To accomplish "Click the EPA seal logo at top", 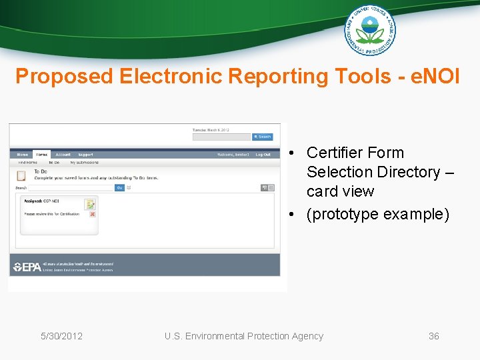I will [369, 30].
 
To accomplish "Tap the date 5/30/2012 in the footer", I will [61, 336].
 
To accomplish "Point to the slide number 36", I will [433, 336].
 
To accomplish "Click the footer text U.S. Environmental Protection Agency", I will [243, 336].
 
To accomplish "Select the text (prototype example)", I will [378, 214].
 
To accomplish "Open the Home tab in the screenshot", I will [23, 155].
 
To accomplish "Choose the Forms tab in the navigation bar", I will [42, 155].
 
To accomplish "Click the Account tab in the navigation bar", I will [63, 155].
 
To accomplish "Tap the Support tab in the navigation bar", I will [85, 155].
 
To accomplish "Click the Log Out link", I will [263, 155].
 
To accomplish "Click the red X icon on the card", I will [92, 214].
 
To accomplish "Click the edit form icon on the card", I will [89, 204].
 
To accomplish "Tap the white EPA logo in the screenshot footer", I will [27, 267].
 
